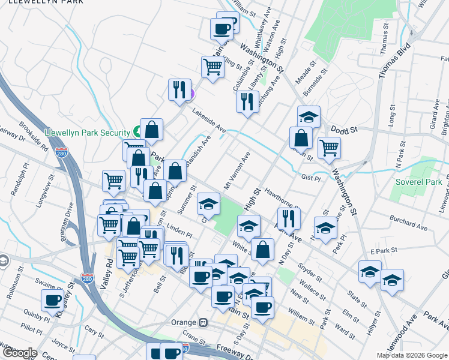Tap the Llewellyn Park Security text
88,133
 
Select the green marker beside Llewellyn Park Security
137,131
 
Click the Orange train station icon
203,322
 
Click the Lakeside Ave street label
209,121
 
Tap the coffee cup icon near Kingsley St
52,299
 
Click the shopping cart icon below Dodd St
328,147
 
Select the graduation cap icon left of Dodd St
309,116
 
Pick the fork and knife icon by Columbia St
247,101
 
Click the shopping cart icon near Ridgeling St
212,66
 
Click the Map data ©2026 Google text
411,355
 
